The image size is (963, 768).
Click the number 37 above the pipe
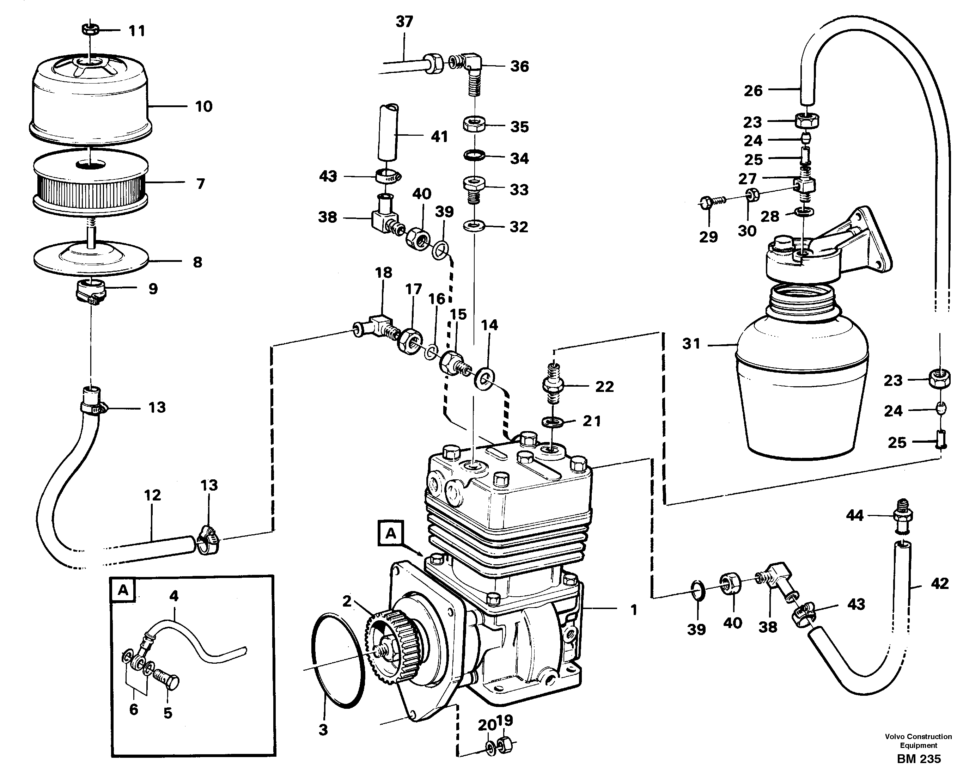[404, 21]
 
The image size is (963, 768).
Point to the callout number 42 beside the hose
[940, 584]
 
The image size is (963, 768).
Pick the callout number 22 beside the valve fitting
[604, 386]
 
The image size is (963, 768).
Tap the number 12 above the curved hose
[152, 495]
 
